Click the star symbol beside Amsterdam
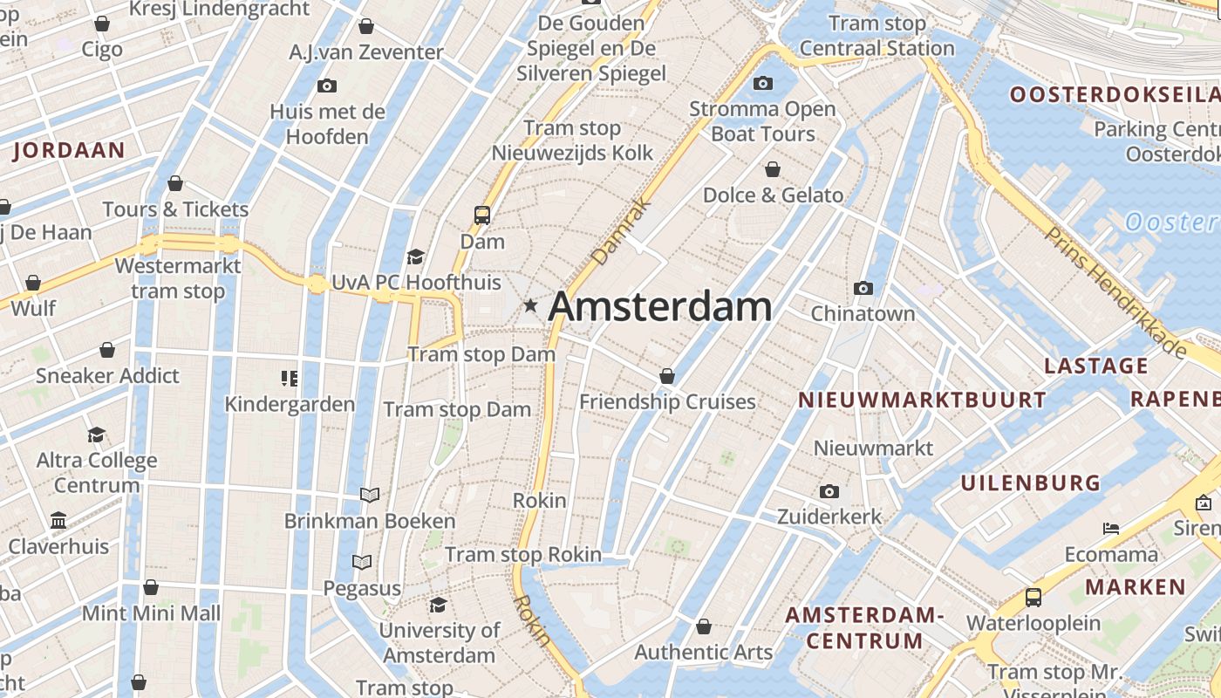[x=530, y=306]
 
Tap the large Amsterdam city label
[x=660, y=306]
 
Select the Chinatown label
[x=863, y=313]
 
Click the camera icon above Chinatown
[x=863, y=288]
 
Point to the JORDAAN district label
[x=69, y=150]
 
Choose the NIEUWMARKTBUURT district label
[x=922, y=400]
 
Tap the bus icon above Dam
[x=481, y=215]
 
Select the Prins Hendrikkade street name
[x=1115, y=293]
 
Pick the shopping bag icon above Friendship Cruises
[x=667, y=376]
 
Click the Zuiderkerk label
[x=829, y=517]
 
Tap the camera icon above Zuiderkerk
[x=829, y=492]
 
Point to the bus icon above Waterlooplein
[x=1033, y=598]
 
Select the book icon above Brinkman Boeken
[x=370, y=496]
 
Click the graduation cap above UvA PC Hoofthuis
[x=415, y=257]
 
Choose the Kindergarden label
[x=290, y=404]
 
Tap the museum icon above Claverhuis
[x=58, y=521]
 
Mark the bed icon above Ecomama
[x=1110, y=529]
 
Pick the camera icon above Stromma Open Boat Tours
[x=763, y=84]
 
